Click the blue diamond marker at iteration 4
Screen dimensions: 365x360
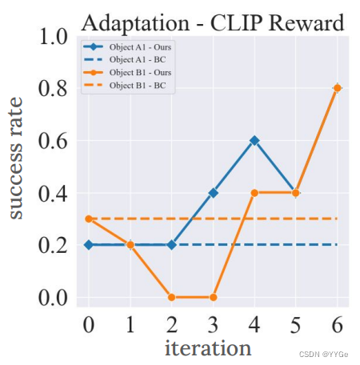click(254, 140)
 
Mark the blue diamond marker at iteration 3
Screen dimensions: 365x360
click(212, 192)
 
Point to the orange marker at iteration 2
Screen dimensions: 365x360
click(171, 297)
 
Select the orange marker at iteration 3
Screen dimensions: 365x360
click(212, 297)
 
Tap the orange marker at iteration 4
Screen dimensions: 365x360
click(254, 192)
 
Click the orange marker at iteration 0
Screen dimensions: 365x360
click(89, 219)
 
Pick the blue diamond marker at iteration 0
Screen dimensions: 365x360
click(89, 245)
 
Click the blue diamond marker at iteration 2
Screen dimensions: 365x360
click(171, 245)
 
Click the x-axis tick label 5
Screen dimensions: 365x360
click(295, 324)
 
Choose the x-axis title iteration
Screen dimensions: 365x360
click(208, 348)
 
